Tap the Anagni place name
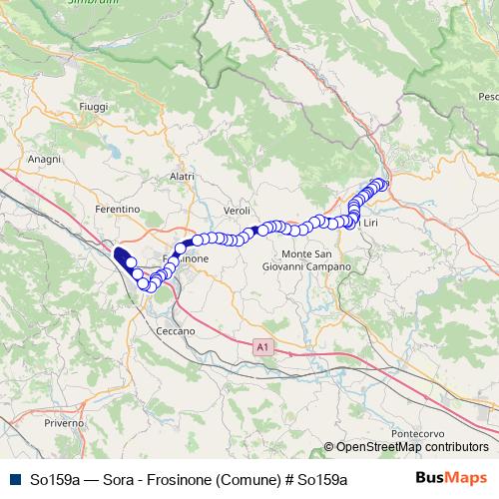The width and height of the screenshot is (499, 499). tap(44, 159)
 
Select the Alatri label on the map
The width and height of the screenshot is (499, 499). tap(182, 177)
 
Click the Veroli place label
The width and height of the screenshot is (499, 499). tap(238, 212)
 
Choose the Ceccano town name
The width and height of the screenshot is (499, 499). tap(175, 329)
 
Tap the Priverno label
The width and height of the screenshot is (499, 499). tap(64, 423)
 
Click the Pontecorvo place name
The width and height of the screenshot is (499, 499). tap(418, 434)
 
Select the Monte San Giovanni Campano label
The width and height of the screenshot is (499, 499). tap(306, 260)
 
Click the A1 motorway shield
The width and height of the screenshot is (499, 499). tap(260, 346)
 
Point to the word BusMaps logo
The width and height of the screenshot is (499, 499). tap(451, 478)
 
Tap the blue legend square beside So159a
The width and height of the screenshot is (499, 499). tap(14, 479)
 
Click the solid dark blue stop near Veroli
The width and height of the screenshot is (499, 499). tap(254, 231)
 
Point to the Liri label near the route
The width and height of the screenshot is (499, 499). tap(368, 223)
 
